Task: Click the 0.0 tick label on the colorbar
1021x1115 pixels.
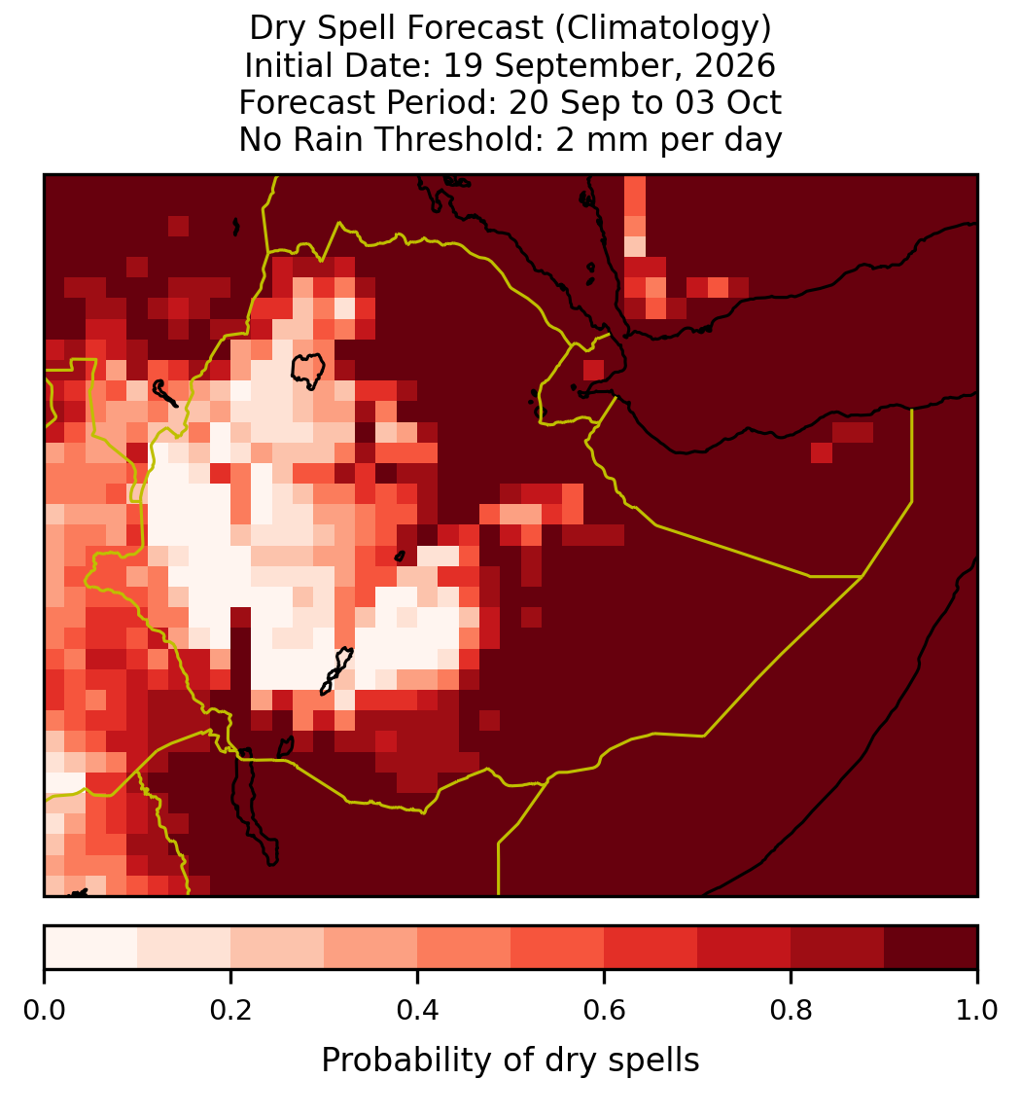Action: pyautogui.click(x=44, y=1011)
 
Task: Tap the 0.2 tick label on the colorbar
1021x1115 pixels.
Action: pyautogui.click(x=230, y=1011)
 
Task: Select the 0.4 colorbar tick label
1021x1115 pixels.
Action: pyautogui.click(x=418, y=1011)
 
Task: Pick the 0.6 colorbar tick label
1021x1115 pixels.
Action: pyautogui.click(x=605, y=1011)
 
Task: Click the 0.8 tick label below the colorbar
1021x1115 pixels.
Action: pyautogui.click(x=791, y=1011)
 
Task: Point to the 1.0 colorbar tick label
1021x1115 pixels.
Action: pyautogui.click(x=977, y=1011)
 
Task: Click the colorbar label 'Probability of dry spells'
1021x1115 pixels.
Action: pyautogui.click(x=510, y=1061)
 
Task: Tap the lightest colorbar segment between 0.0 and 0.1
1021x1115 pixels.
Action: pyautogui.click(x=91, y=948)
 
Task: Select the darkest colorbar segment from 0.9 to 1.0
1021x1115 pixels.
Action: pyautogui.click(x=931, y=948)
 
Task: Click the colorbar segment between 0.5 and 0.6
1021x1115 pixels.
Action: pyautogui.click(x=558, y=948)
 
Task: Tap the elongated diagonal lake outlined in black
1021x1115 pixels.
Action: pyautogui.click(x=336, y=670)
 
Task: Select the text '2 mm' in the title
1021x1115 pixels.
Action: pyautogui.click(x=602, y=139)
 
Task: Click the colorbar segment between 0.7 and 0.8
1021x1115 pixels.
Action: pyautogui.click(x=744, y=948)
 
